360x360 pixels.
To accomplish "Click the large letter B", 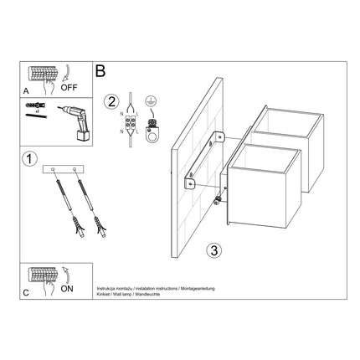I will pyautogui.click(x=101, y=73).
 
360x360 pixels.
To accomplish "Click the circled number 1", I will pyautogui.click(x=31, y=158).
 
